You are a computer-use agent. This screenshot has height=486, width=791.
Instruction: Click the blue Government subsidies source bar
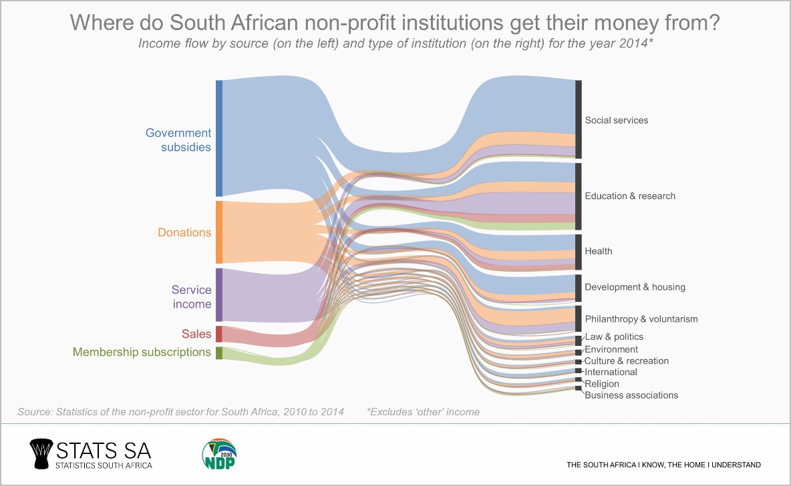tap(218, 138)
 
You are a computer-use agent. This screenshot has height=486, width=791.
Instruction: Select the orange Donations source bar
tap(218, 232)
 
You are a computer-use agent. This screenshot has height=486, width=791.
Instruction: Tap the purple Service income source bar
tap(218, 295)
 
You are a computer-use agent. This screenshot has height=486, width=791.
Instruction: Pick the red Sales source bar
tap(218, 334)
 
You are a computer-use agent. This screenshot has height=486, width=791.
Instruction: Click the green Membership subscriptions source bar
tap(218, 352)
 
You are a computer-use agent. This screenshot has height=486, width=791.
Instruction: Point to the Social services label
tap(616, 121)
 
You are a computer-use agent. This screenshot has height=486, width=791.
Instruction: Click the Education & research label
tap(630, 196)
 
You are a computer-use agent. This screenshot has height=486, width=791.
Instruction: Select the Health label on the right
tap(598, 252)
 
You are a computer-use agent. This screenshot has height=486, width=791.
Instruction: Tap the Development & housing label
tap(635, 288)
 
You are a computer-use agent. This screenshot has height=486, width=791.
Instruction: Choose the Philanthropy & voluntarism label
tap(641, 319)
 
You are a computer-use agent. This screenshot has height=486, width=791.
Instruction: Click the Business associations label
tap(631, 395)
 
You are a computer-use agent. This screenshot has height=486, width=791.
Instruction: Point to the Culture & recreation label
tap(626, 361)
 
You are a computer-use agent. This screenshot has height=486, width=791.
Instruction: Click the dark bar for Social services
tap(579, 119)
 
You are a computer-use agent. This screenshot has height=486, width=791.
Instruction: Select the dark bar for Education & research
tap(579, 196)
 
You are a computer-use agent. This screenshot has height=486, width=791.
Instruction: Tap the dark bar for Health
tap(579, 252)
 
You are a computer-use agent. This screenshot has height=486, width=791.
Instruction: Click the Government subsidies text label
tap(178, 140)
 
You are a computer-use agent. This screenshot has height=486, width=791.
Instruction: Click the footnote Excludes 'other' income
tap(423, 412)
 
